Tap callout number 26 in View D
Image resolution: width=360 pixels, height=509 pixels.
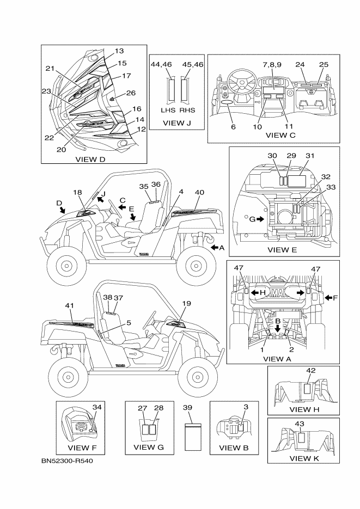pos(131,93)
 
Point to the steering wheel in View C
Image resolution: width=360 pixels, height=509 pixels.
pos(239,84)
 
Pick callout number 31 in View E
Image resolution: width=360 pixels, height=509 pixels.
pos(310,155)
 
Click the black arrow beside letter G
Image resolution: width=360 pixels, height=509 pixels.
pos(260,219)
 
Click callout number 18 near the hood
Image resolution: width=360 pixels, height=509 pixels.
pos(78,192)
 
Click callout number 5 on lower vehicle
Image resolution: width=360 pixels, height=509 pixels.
pos(129,322)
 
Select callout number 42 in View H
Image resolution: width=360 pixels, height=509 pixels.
pos(311,371)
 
